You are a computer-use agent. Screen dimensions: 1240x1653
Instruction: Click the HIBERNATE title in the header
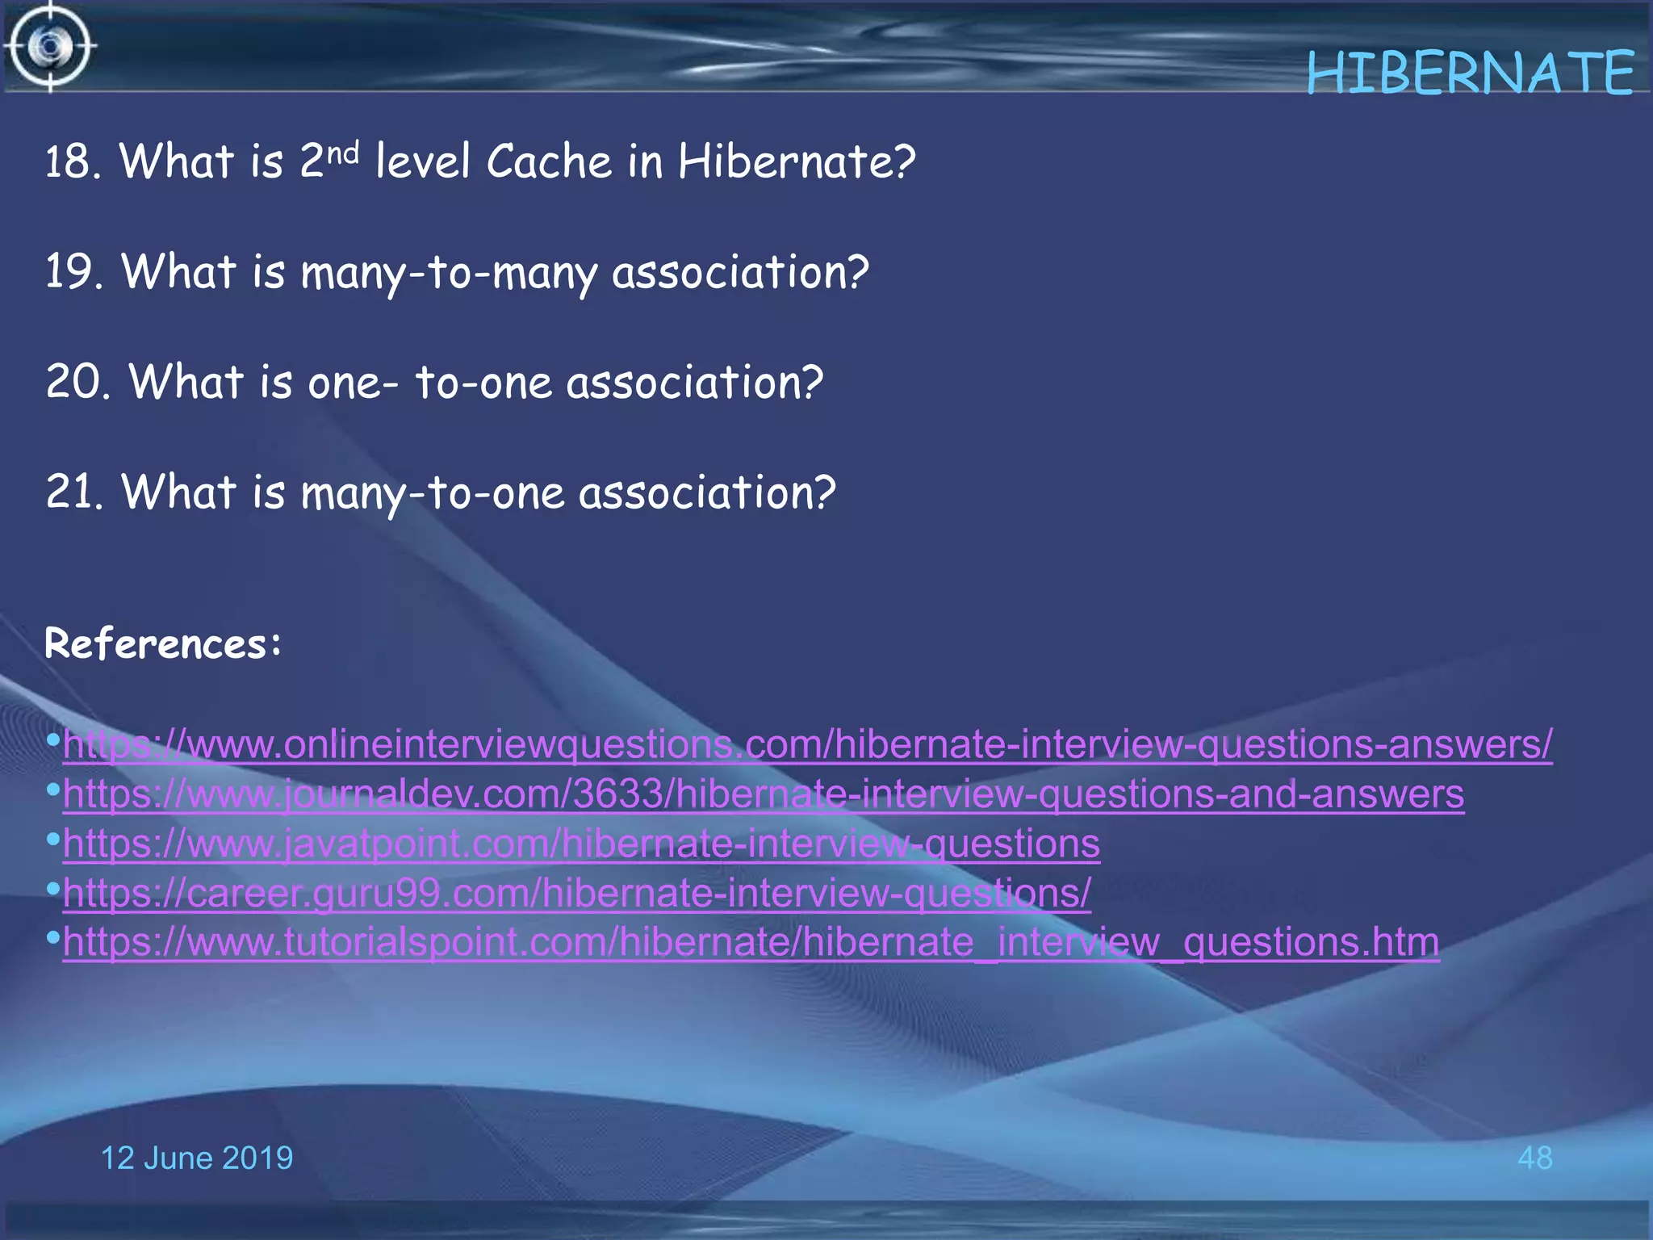(x=1470, y=73)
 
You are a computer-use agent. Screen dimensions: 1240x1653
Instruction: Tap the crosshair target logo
(x=50, y=47)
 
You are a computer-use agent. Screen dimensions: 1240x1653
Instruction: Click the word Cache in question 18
(x=549, y=161)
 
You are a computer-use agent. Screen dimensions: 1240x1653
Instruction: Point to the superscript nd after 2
(x=343, y=152)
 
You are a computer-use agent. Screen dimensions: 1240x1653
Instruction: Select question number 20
(x=77, y=382)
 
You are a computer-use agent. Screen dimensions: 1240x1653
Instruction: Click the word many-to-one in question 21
(x=433, y=493)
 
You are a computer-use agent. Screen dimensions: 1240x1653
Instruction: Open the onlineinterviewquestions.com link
(x=807, y=744)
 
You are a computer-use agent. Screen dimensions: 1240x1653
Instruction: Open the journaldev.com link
(x=764, y=794)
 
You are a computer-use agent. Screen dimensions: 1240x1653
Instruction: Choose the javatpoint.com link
(x=581, y=844)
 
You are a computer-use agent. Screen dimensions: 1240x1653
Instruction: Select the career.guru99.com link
(x=577, y=894)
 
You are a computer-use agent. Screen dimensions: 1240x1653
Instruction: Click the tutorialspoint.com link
(x=751, y=942)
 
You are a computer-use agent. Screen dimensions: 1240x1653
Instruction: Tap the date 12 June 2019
(x=196, y=1158)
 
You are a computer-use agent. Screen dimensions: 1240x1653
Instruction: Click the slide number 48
(x=1534, y=1158)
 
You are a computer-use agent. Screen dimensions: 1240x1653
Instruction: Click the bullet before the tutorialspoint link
(x=53, y=938)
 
